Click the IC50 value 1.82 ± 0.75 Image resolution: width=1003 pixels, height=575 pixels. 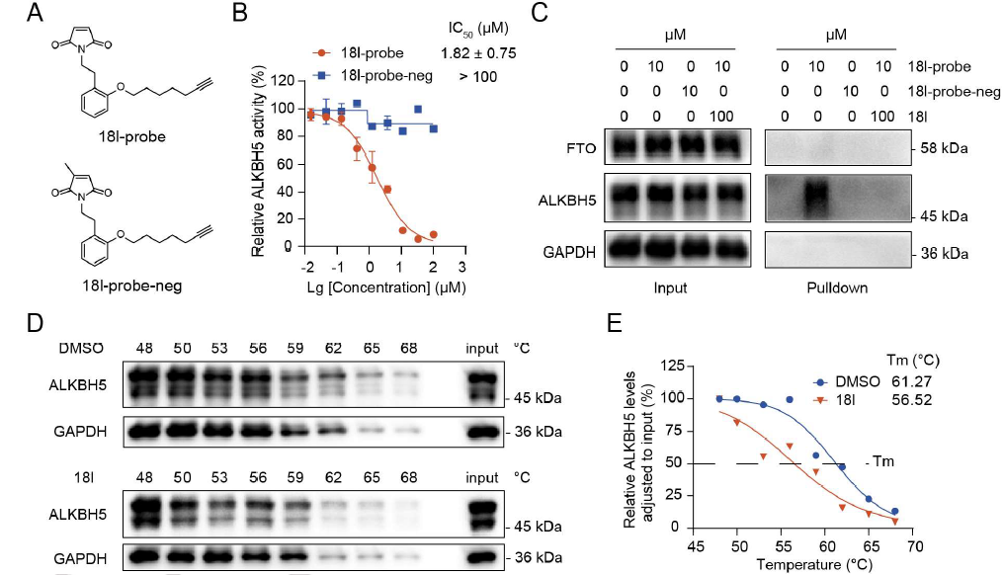tap(478, 52)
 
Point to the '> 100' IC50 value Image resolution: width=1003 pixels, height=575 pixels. tap(478, 75)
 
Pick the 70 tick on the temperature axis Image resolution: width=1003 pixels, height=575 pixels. tap(915, 545)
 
